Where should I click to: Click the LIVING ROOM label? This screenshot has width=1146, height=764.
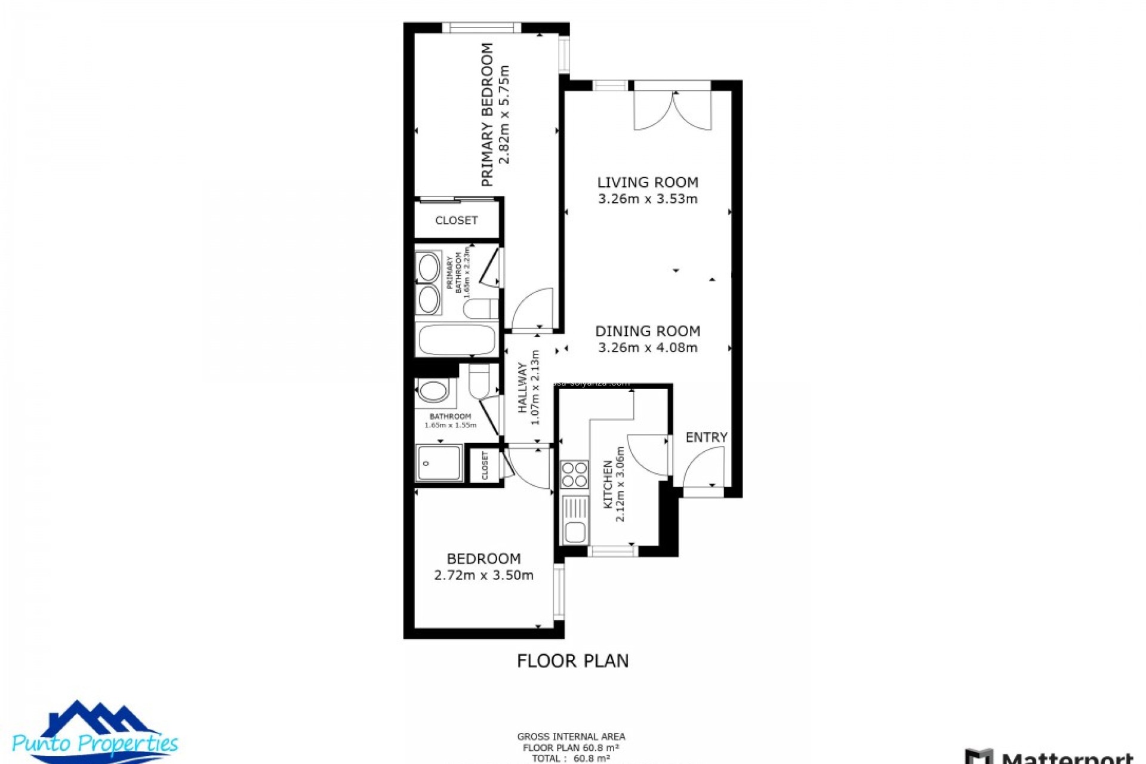coord(648,182)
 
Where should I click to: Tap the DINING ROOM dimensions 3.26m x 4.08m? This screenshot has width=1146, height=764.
coord(648,347)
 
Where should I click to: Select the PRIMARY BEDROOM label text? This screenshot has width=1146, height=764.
coord(488,115)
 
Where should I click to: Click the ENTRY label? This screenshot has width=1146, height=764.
coord(706,438)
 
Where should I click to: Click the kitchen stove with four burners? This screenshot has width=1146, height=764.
coord(574,475)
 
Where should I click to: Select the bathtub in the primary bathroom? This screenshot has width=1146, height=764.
coord(457,340)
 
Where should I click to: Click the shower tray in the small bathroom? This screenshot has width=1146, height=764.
coord(439,463)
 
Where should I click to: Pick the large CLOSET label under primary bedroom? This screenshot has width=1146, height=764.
coord(456,220)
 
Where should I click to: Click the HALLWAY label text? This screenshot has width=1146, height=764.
coord(523,388)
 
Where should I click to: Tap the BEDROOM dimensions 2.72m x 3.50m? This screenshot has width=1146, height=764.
coord(483,575)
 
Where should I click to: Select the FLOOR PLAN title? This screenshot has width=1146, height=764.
coord(572,661)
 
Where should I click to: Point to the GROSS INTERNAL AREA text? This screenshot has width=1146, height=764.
coord(571,737)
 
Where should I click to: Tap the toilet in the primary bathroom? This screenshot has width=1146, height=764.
coord(480,309)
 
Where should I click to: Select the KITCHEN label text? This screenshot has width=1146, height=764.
coord(608,484)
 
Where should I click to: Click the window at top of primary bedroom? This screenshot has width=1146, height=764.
coord(482,27)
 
